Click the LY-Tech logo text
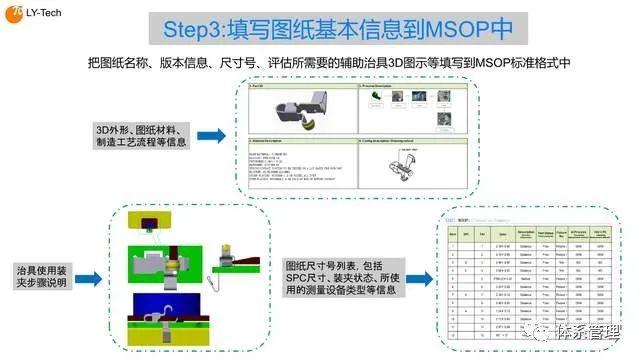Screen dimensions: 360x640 [x=43, y=17]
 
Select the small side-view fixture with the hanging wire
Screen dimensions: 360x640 [x=227, y=265]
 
